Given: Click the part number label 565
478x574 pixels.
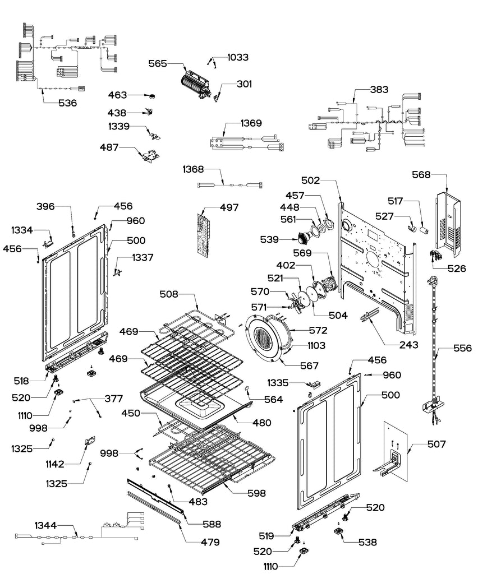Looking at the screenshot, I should click(158, 64).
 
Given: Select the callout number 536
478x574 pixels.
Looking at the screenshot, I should click(68, 103).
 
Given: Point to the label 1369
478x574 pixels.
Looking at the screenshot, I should click(251, 122).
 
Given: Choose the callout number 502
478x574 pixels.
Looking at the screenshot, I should click(310, 180).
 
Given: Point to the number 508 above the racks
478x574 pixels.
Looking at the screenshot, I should click(169, 293).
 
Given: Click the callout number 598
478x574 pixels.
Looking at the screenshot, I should click(257, 493).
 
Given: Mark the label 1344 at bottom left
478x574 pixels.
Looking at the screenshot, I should click(46, 525).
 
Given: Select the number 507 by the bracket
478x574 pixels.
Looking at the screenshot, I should click(436, 445).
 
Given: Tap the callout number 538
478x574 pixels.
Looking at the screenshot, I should click(367, 542).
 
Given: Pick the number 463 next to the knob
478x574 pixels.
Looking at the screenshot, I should click(117, 95).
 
